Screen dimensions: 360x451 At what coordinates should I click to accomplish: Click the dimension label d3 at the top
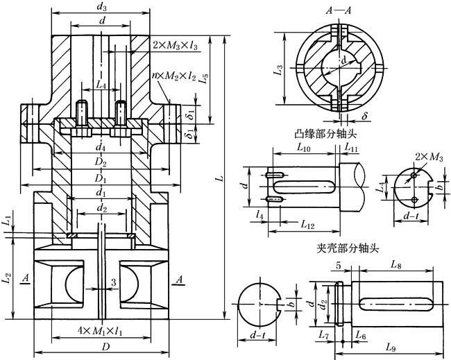click(102, 7)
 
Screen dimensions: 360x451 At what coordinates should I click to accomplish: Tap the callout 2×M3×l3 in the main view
click(175, 44)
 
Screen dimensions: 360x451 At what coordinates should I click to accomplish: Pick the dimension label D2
click(102, 163)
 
